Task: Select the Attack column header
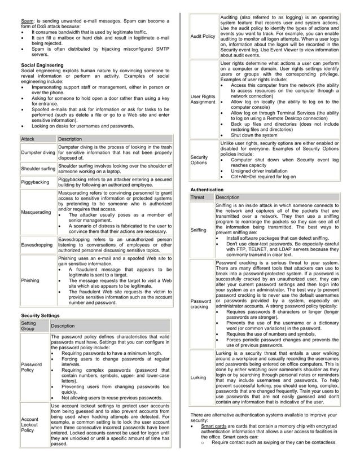(x=28, y=139)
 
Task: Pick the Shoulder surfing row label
(x=38, y=169)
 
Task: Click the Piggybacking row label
(x=34, y=182)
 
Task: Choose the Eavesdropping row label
(x=37, y=245)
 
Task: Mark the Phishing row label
(x=29, y=280)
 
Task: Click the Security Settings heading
(x=43, y=314)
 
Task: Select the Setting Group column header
(x=28, y=326)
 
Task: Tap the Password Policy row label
(x=31, y=367)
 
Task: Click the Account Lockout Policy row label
(x=31, y=425)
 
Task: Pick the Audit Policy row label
(x=203, y=37)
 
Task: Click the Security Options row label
(x=200, y=160)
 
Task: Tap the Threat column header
(x=197, y=197)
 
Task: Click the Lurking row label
(x=199, y=376)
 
